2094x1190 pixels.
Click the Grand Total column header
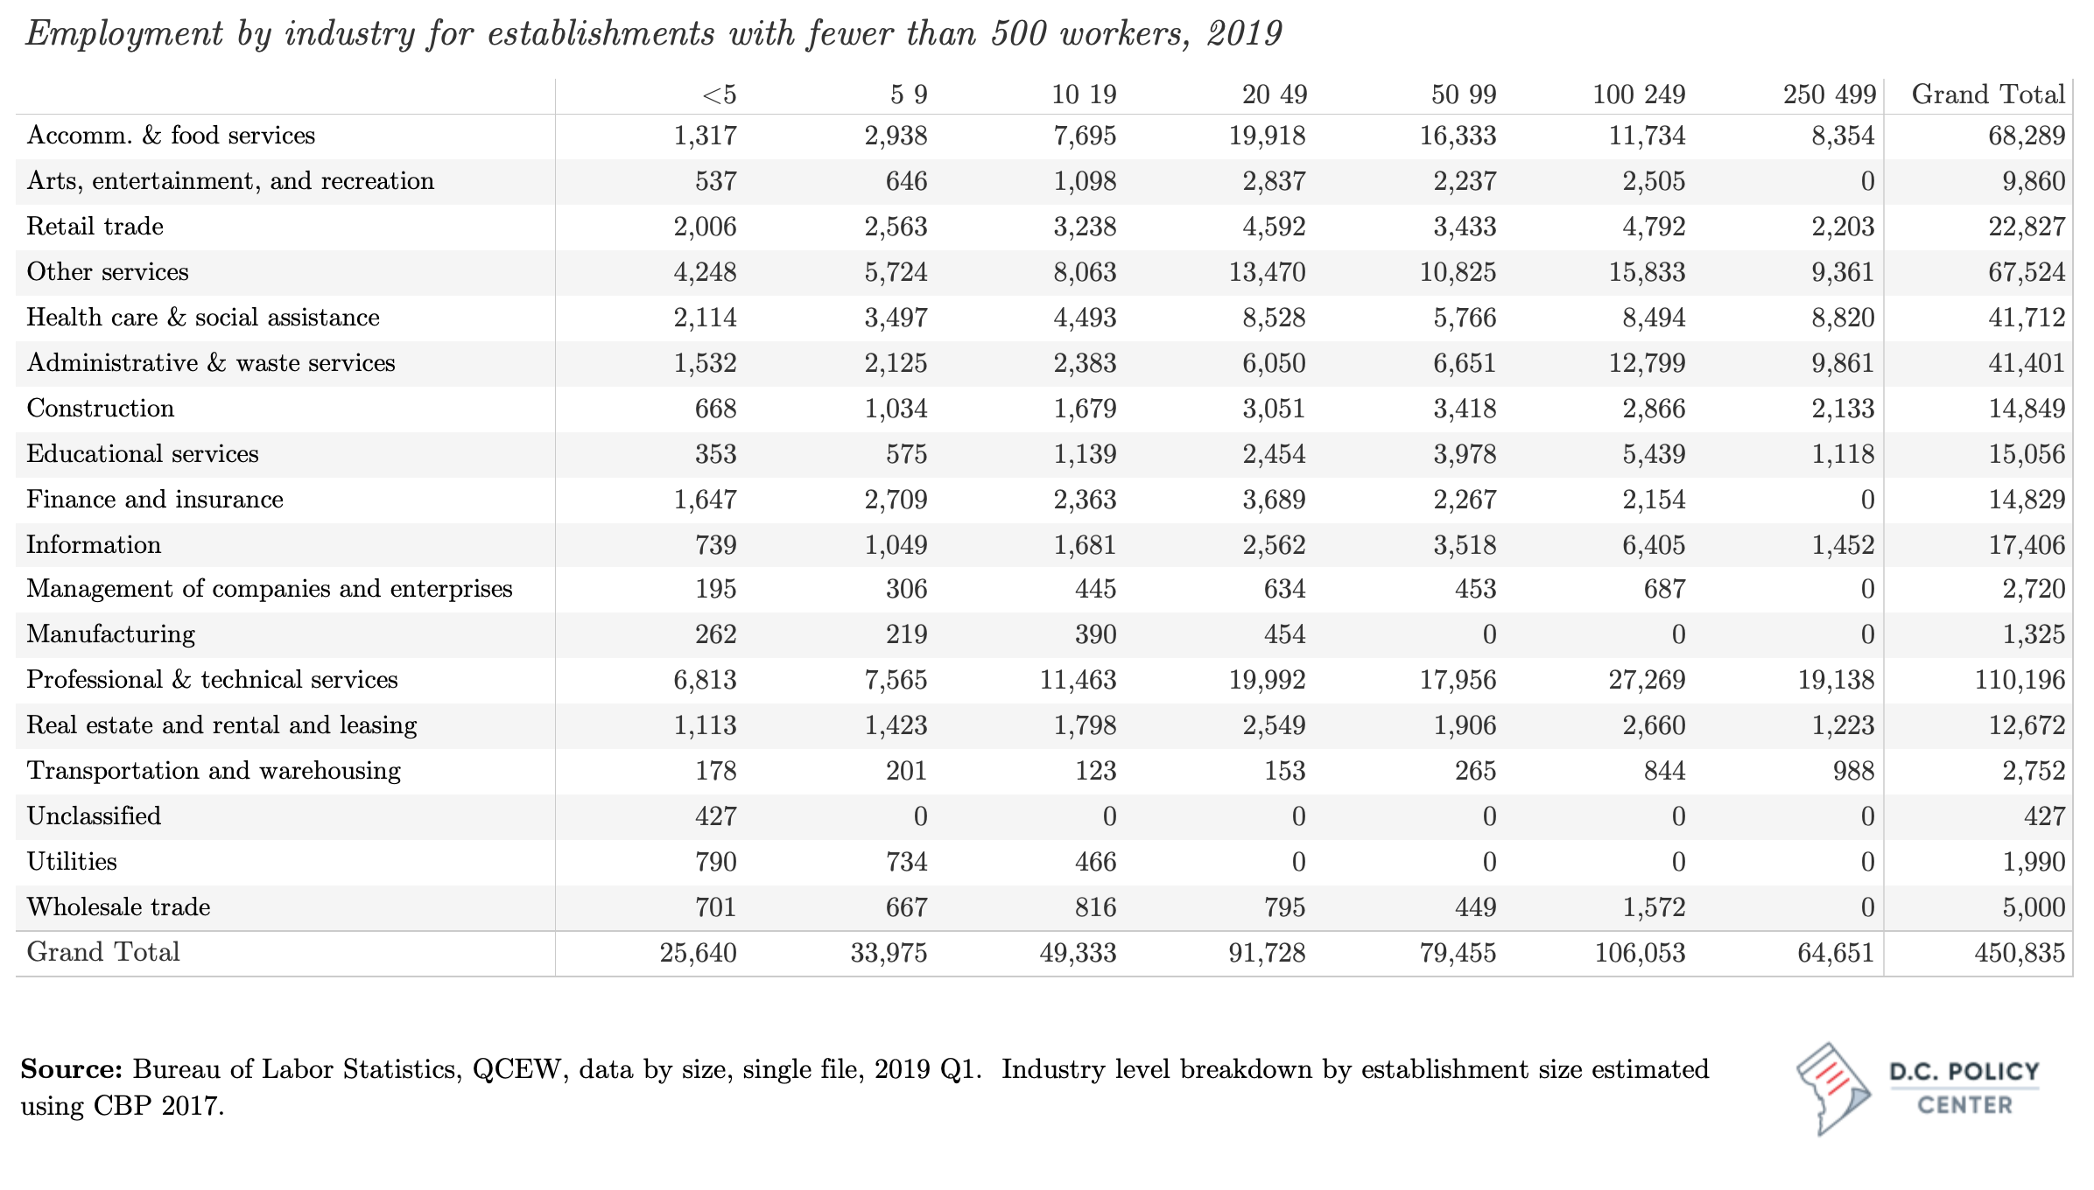[x=1988, y=94]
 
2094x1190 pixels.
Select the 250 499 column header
[x=1830, y=94]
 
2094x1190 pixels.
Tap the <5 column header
[x=719, y=94]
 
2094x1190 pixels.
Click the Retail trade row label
[x=95, y=227]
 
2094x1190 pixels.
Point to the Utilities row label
[x=72, y=862]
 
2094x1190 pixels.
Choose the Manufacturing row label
[x=111, y=634]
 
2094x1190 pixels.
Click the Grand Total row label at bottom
[x=103, y=952]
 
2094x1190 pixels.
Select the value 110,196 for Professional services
[x=2020, y=680]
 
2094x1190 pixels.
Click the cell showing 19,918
[x=1267, y=136]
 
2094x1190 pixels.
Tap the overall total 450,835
[x=2020, y=953]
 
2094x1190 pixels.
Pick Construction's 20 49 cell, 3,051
[x=1274, y=409]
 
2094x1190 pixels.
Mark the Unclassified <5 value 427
[x=715, y=816]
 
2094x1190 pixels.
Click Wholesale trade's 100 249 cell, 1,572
[x=1654, y=907]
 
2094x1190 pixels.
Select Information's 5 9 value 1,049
[x=896, y=545]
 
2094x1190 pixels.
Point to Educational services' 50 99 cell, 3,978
[x=1465, y=454]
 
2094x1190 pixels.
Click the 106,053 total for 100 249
[x=1640, y=953]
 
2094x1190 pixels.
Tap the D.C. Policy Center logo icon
[x=1832, y=1088]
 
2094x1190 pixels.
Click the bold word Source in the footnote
[x=72, y=1069]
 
